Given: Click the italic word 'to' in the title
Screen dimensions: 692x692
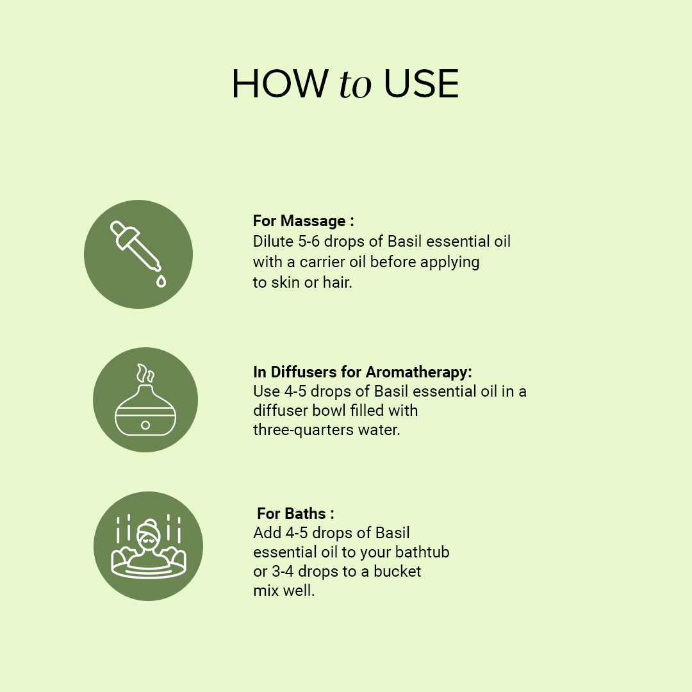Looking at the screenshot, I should coord(355,85).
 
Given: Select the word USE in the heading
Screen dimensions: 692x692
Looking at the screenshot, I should coord(421,84).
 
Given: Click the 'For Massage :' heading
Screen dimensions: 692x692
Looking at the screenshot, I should coord(303,221).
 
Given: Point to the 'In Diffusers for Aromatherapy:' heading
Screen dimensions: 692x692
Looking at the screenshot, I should coord(362,372).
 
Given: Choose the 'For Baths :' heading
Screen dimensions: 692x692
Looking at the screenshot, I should coord(295,514).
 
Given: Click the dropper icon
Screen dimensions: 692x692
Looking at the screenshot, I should coord(136,247).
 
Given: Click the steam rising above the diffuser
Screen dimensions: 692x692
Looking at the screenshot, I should coord(145,373).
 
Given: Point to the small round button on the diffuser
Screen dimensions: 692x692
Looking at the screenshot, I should coord(145,425).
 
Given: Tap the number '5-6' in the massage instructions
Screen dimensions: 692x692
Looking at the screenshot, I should coord(309,242).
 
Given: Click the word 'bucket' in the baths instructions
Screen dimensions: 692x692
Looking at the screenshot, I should coord(398,571).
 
